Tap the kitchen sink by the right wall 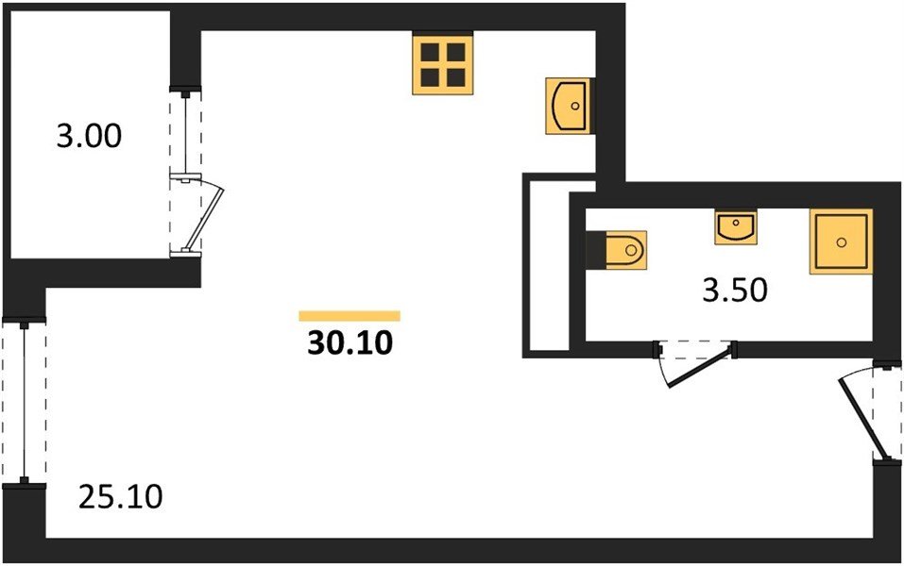[x=568, y=106]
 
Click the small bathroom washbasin [x=734, y=227]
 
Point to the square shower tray [x=840, y=241]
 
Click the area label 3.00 [x=89, y=138]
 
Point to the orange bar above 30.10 [x=349, y=316]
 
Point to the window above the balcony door [x=186, y=132]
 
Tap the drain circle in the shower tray [x=840, y=241]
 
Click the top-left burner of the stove [x=430, y=52]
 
